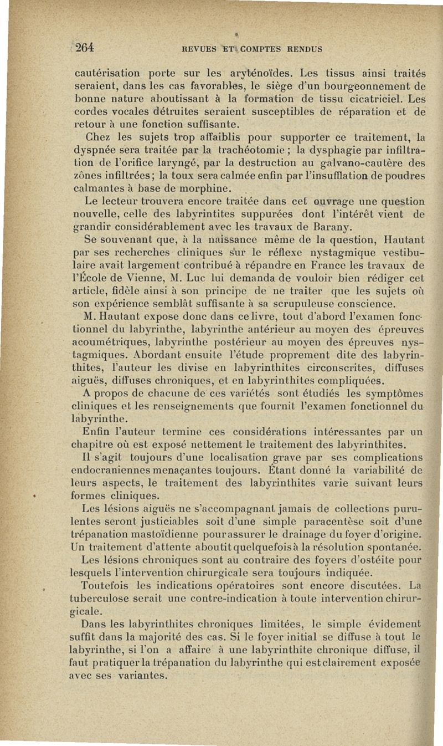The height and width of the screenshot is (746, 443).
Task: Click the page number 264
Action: (x=85, y=48)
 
